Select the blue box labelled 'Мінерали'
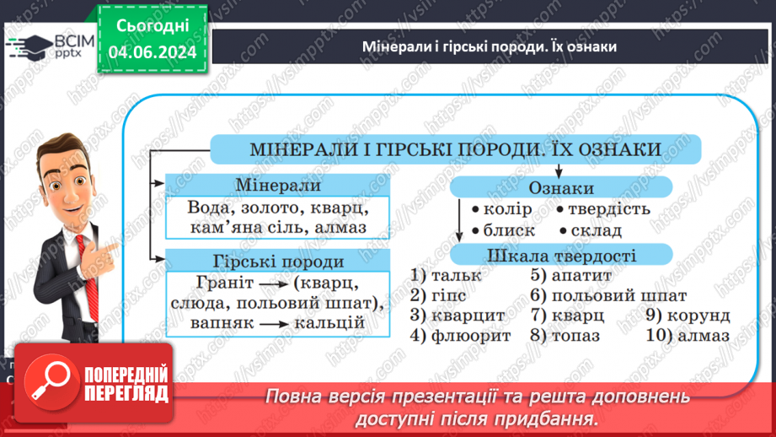(x=278, y=185)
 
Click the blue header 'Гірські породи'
(x=278, y=261)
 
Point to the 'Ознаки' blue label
(x=560, y=188)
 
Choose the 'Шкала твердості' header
(x=560, y=256)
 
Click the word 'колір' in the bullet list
(x=508, y=209)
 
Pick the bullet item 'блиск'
(x=509, y=229)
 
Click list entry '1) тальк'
(x=447, y=275)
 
